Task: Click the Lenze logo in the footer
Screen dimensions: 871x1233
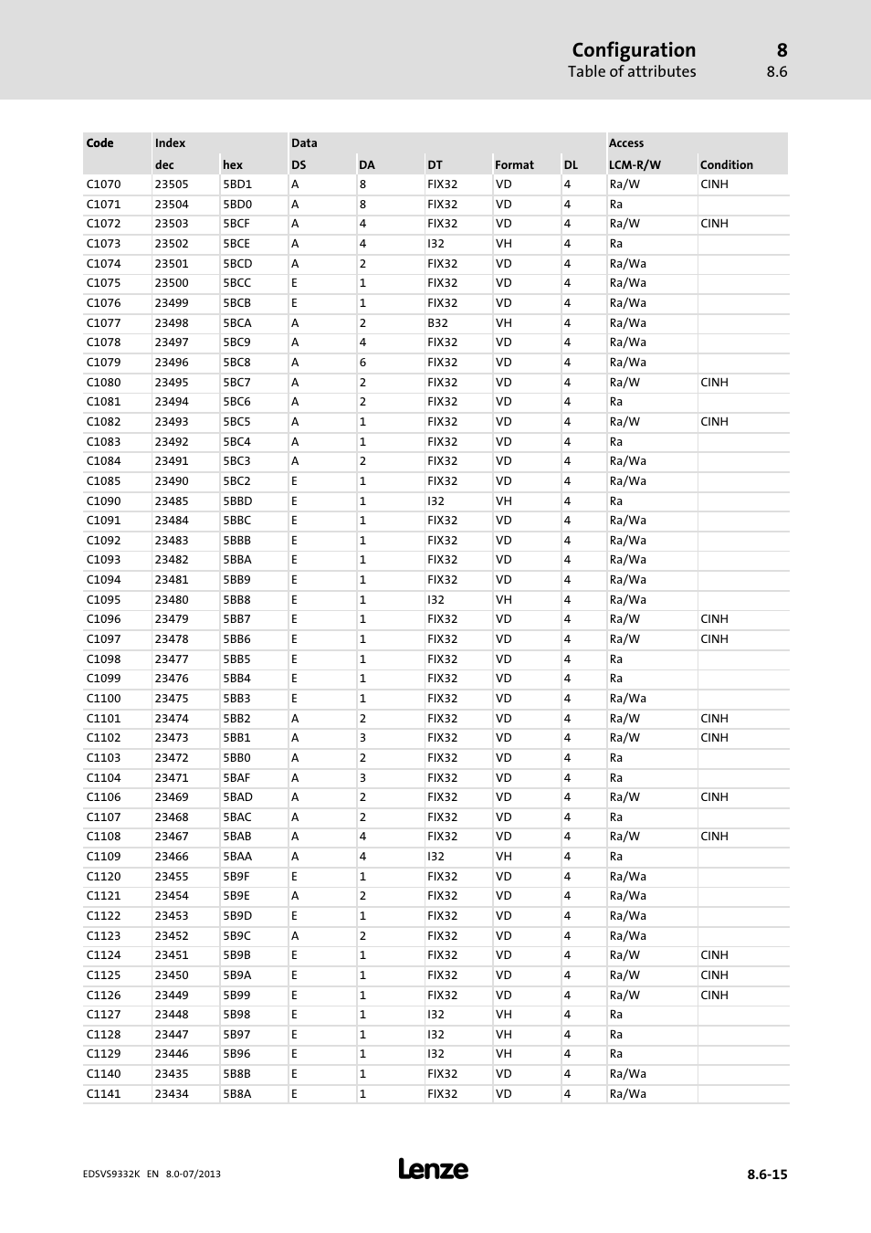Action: pyautogui.click(x=433, y=1169)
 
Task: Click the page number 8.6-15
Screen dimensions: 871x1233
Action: pyautogui.click(x=767, y=1175)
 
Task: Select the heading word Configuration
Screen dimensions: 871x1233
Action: pyautogui.click(x=634, y=50)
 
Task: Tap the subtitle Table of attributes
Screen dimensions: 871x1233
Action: pyautogui.click(x=632, y=72)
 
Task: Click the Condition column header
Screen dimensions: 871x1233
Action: pyautogui.click(x=726, y=165)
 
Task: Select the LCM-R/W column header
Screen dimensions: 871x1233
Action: pyautogui.click(x=635, y=165)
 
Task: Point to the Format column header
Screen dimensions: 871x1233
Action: pyautogui.click(x=514, y=165)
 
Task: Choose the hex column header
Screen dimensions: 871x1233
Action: pyautogui.click(x=233, y=165)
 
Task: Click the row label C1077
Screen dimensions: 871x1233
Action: pyautogui.click(x=103, y=323)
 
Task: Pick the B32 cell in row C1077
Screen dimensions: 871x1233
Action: pyautogui.click(x=437, y=323)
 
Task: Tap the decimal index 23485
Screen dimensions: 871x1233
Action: pyautogui.click(x=172, y=501)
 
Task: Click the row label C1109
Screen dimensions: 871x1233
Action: pyautogui.click(x=103, y=857)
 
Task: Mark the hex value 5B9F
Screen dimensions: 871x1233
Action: pyautogui.click(x=236, y=877)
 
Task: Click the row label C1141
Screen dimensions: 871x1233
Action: pyautogui.click(x=103, y=1094)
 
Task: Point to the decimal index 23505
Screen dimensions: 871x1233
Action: pyautogui.click(x=172, y=184)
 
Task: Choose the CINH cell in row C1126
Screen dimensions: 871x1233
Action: pyautogui.click(x=714, y=996)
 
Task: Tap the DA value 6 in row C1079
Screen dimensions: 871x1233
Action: pyautogui.click(x=362, y=363)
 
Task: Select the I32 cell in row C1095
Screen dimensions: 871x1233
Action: pyautogui.click(x=435, y=600)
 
